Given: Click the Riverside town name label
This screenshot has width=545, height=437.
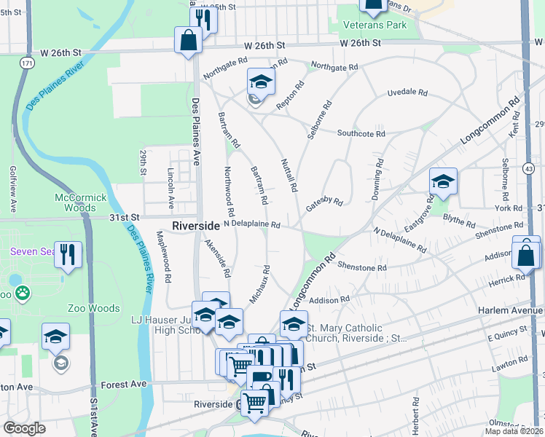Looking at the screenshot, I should [x=196, y=226].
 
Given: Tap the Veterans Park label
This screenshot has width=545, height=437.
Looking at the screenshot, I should [x=376, y=25].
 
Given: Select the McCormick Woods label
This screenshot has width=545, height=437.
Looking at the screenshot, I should [x=81, y=202].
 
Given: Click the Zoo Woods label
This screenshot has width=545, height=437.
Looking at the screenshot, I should [x=94, y=308].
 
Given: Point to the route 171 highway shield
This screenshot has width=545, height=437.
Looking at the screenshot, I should [x=27, y=64].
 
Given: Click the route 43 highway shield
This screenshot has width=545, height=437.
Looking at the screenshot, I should [x=528, y=168].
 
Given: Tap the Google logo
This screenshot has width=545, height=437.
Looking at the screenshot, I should [x=24, y=428].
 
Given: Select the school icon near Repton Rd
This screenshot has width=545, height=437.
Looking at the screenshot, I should [x=260, y=82].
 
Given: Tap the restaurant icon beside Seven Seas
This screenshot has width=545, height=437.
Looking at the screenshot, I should [x=68, y=254].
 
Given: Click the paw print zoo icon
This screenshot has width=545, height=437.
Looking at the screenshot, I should [x=23, y=293].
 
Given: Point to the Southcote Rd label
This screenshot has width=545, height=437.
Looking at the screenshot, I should [x=361, y=133].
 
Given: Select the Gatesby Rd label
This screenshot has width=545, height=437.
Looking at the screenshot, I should [x=324, y=204].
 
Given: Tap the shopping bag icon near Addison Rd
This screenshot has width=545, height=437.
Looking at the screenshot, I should [x=525, y=255].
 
